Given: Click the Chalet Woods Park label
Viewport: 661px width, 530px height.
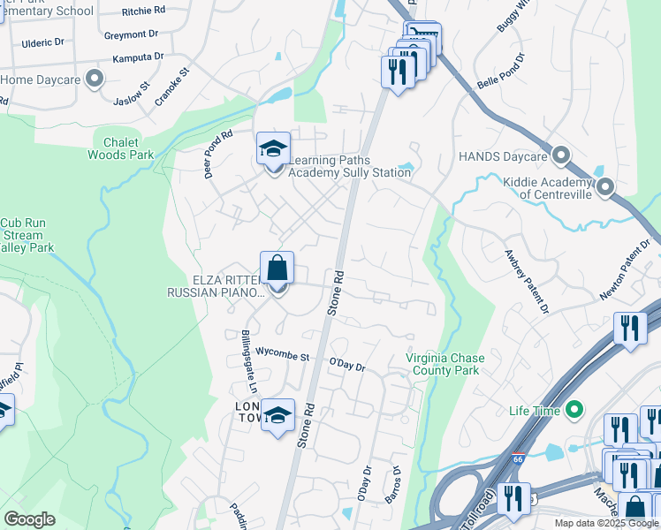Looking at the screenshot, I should point(120,148).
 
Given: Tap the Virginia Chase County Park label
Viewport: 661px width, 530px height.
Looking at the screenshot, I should point(442,364).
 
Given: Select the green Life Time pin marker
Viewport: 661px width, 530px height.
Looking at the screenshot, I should point(574,410).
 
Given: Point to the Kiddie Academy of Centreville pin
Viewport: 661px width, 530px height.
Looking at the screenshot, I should point(605,187).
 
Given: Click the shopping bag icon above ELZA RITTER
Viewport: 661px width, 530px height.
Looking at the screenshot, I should point(277,267).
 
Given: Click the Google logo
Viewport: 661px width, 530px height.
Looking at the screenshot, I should point(30,519).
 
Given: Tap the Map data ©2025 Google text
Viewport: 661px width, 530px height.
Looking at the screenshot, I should point(606,523).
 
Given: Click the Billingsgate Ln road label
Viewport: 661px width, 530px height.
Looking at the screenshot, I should point(247,362).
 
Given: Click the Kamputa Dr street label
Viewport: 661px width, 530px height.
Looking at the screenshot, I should point(138,57).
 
